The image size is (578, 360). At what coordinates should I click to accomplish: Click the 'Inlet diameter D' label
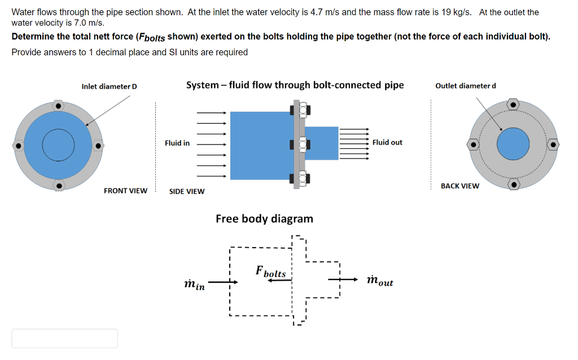point(109,86)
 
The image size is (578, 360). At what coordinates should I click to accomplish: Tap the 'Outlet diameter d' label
point(466,86)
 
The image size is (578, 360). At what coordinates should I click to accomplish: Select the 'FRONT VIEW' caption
point(125,191)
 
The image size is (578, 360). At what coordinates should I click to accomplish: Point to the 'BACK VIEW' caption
point(459,186)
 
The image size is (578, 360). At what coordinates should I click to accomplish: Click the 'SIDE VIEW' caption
point(187,191)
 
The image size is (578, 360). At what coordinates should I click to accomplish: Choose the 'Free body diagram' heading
point(264,218)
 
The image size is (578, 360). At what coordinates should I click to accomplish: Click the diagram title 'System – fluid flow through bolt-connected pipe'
point(295,85)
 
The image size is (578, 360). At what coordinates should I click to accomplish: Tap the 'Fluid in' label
point(177,143)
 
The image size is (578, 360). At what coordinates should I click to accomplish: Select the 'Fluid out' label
point(387,142)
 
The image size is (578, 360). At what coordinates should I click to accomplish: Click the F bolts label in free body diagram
point(271,271)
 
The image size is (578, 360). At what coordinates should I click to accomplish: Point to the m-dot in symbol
point(195,283)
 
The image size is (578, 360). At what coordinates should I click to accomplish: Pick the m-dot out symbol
point(379,280)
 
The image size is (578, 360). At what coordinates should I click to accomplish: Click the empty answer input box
point(65,338)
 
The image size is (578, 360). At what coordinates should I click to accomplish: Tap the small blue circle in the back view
point(513,144)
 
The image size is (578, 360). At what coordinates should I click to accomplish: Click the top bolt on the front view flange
point(58,106)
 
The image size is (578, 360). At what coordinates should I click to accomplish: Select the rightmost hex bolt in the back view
point(554,145)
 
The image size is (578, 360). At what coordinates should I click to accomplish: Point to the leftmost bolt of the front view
point(19,146)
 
